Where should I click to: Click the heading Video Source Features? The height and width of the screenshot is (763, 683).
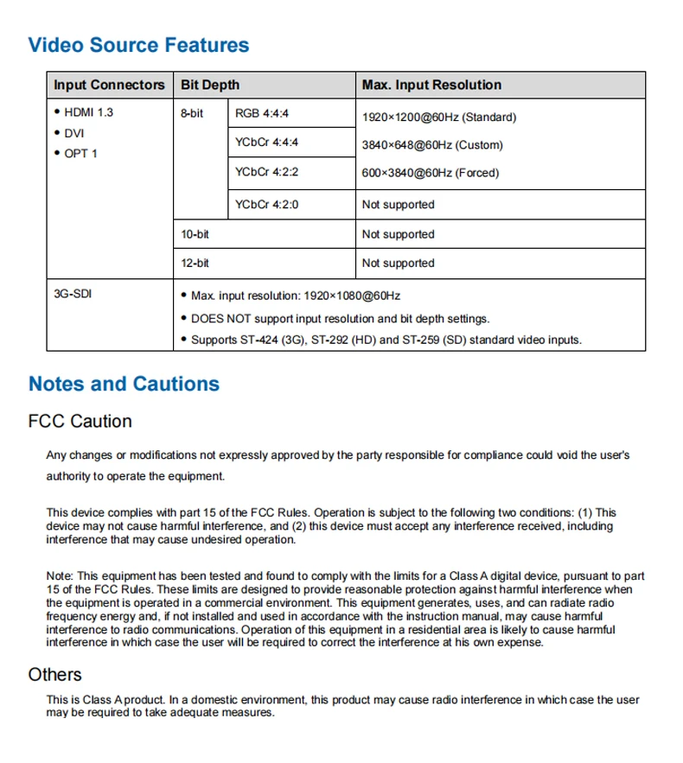[x=138, y=46]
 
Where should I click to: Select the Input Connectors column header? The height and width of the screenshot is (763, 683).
[x=109, y=85]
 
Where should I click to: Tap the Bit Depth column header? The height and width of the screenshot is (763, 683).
[x=210, y=85]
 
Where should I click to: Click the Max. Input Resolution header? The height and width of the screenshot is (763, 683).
[x=431, y=85]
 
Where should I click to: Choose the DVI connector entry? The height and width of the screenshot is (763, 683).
[x=74, y=134]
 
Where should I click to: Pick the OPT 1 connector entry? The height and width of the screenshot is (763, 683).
[x=81, y=154]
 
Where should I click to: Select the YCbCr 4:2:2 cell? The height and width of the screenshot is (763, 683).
[x=266, y=172]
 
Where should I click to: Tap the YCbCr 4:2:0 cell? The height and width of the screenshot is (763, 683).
[x=266, y=205]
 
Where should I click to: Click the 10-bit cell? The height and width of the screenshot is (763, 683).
[x=195, y=234]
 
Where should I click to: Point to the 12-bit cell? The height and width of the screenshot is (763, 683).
[x=195, y=263]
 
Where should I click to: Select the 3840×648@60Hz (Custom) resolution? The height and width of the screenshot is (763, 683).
[x=432, y=145]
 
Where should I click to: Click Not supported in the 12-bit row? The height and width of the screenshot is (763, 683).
[x=398, y=263]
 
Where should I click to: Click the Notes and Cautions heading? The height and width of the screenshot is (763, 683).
[x=124, y=384]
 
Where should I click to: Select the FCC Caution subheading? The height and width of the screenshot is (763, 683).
[x=80, y=422]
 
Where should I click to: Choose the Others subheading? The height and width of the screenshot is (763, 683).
[x=55, y=674]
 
